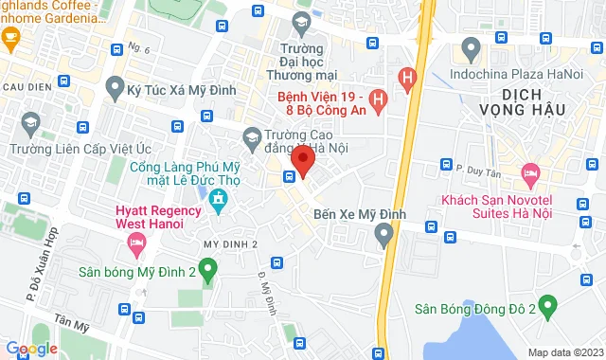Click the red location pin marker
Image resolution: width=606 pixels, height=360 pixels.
303,159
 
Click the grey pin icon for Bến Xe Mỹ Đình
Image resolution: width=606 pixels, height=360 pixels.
384,233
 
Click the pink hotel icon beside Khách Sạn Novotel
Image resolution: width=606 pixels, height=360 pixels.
530,173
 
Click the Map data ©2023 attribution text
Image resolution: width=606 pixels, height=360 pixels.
563,352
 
